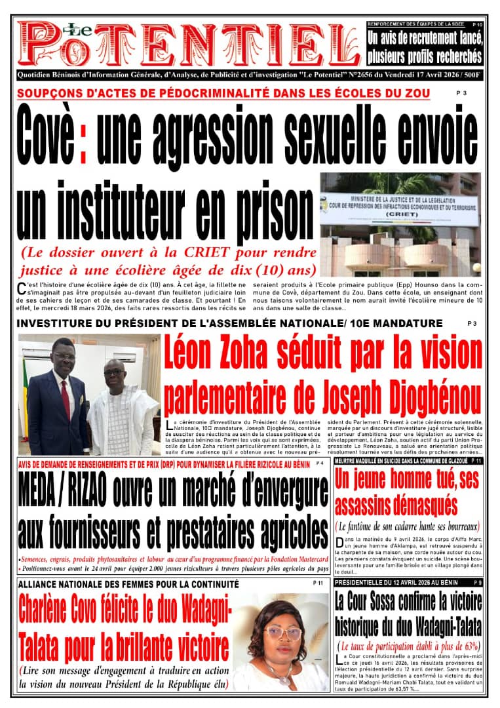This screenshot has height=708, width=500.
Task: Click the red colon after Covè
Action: pos(83,135)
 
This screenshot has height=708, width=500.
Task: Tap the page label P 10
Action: pos(477,25)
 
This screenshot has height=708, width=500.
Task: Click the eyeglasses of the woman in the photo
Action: pos(283,633)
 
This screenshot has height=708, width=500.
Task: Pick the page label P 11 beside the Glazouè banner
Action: pos(476,462)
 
